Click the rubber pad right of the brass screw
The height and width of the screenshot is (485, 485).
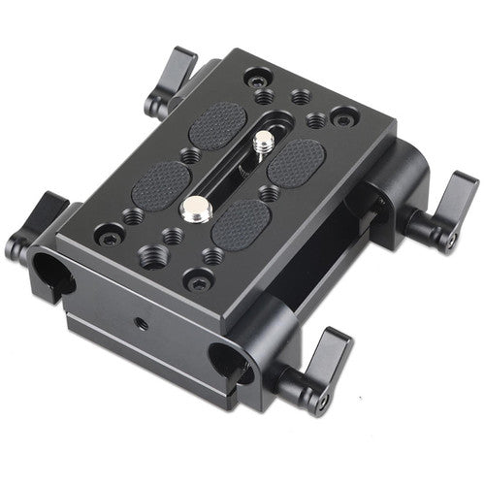(x=296, y=158)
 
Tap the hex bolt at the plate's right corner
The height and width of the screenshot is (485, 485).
(x=340, y=118)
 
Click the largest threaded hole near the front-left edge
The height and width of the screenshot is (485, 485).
(x=153, y=254)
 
